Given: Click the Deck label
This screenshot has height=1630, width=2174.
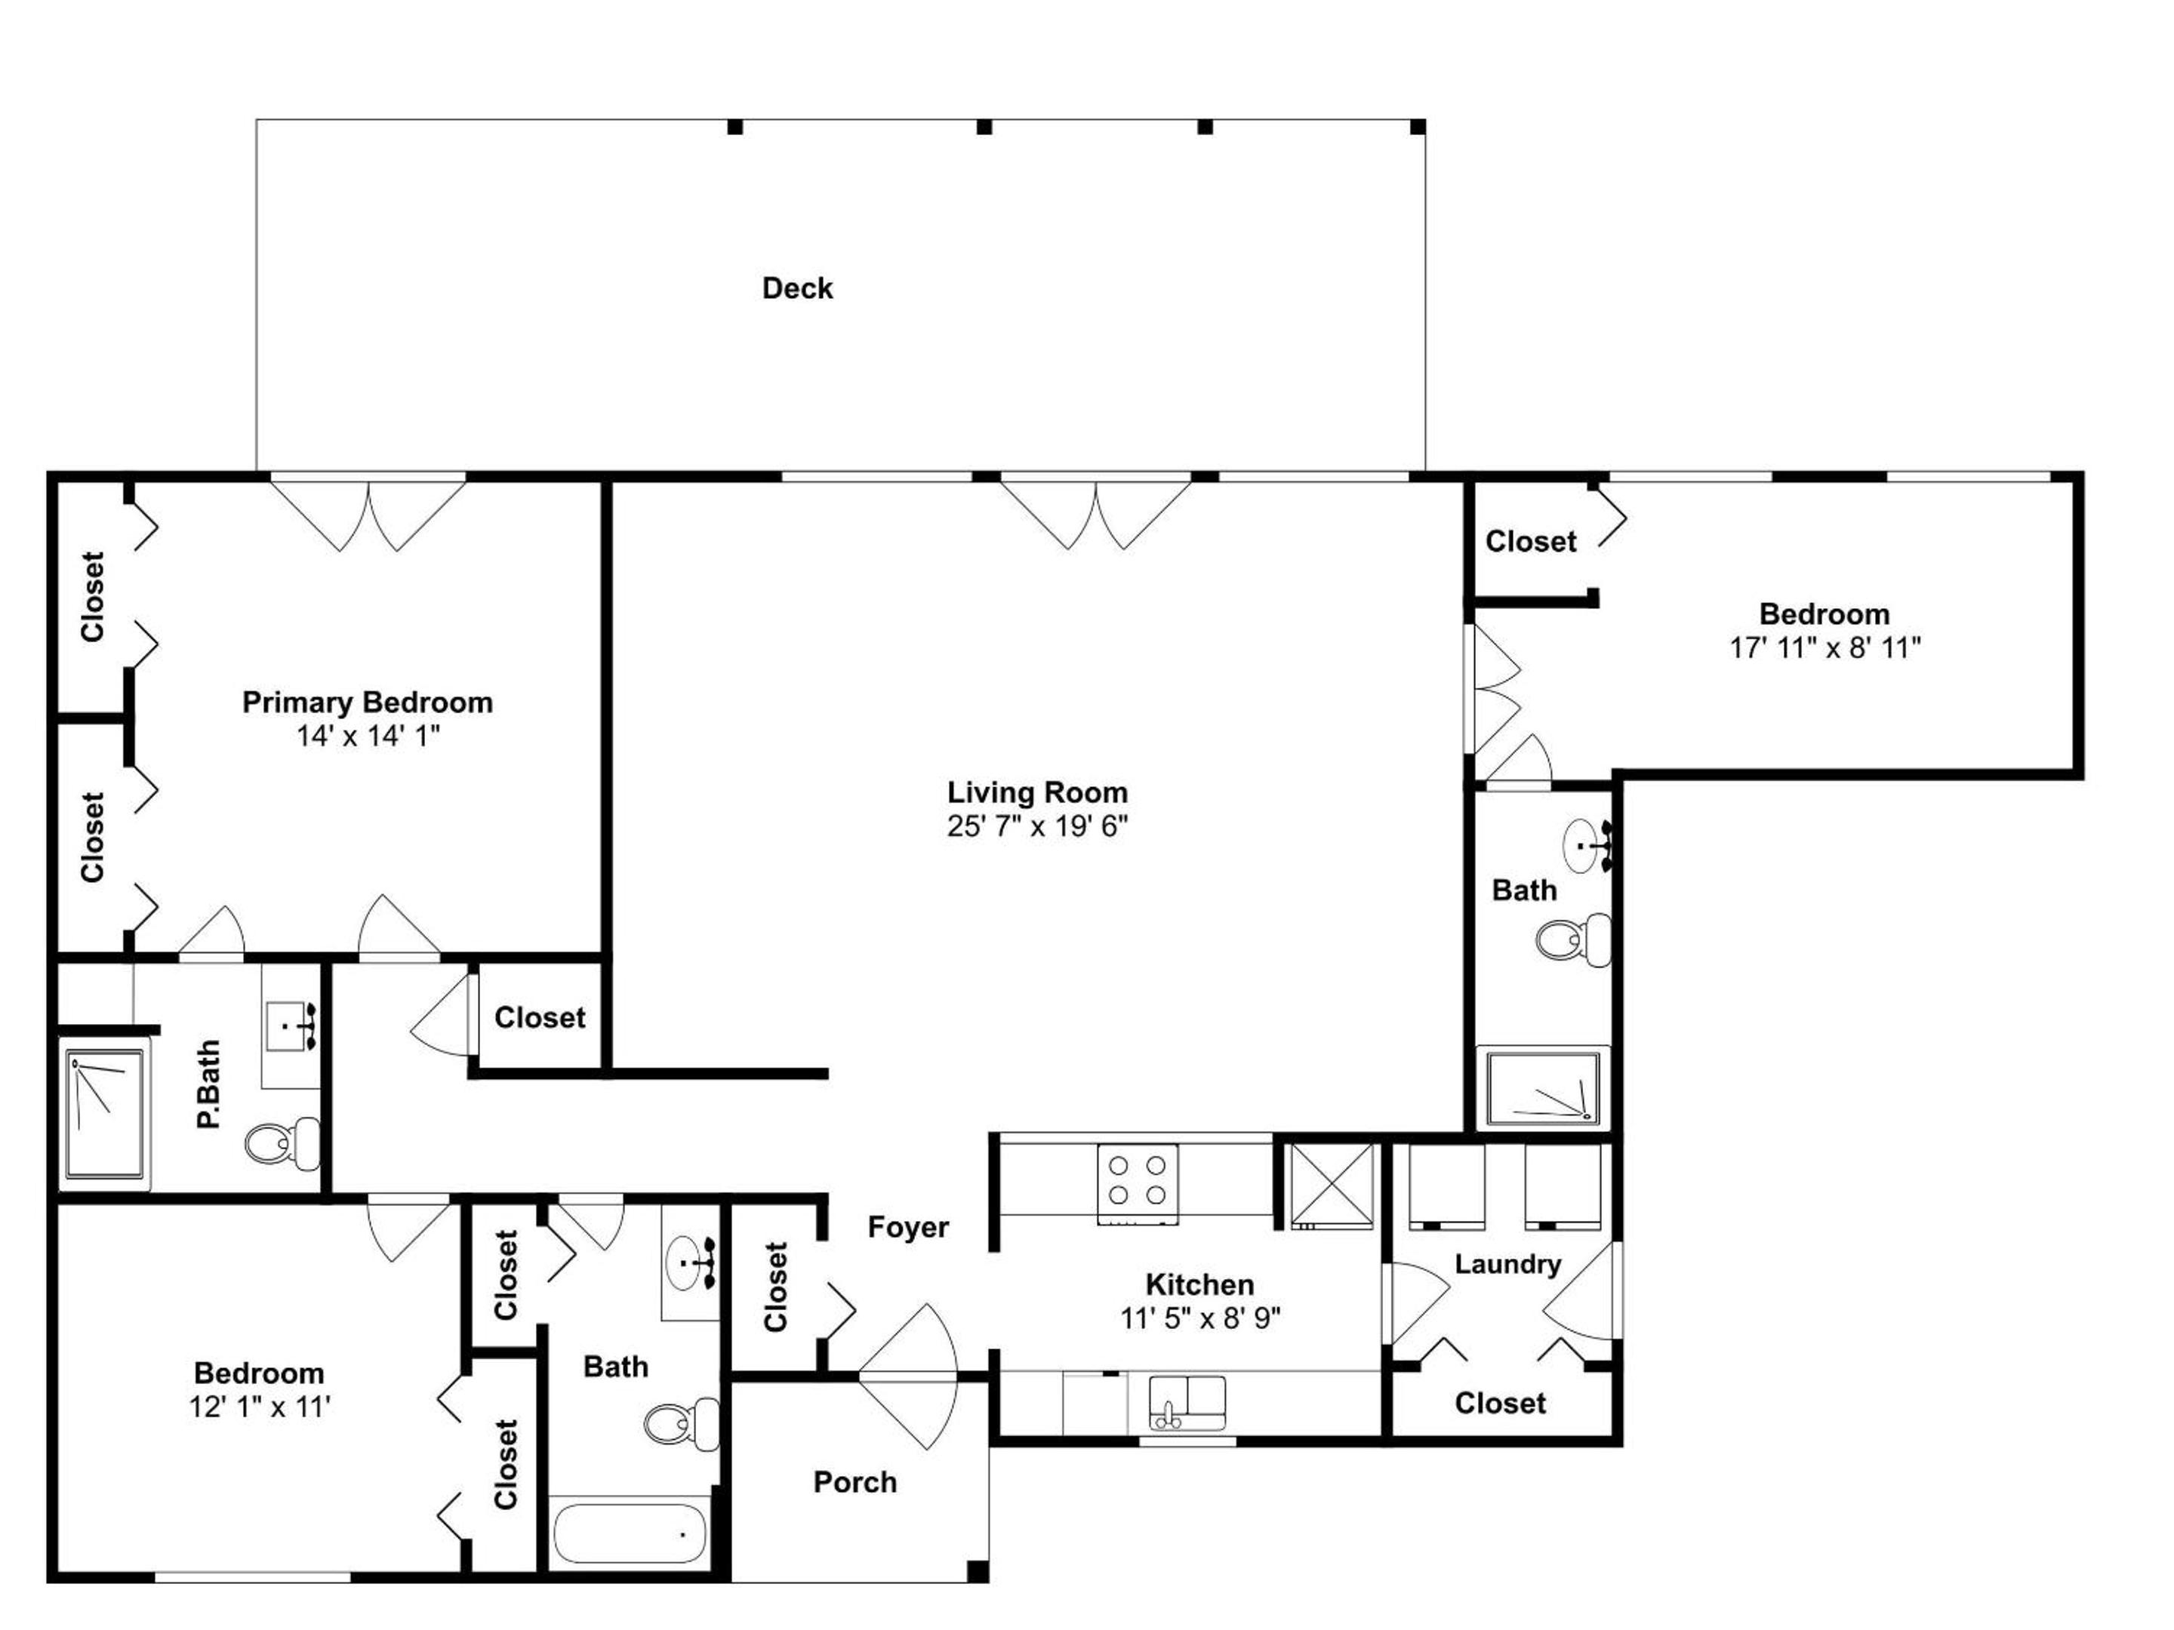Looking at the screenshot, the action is (797, 288).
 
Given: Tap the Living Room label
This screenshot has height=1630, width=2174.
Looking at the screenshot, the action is (1037, 792).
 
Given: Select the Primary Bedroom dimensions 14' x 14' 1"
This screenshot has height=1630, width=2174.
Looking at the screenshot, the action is (368, 736).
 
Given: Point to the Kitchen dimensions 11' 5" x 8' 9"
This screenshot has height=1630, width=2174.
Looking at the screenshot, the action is (1200, 1318).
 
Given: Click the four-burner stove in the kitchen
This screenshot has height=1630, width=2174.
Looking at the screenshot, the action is (1137, 1183).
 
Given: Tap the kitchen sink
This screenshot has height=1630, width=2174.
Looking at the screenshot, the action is (1187, 1403).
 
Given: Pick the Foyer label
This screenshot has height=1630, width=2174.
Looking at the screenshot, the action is (908, 1227).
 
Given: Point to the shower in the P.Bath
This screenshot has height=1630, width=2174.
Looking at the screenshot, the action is (105, 1113).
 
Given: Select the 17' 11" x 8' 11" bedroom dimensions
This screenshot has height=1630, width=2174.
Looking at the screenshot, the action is (1825, 647).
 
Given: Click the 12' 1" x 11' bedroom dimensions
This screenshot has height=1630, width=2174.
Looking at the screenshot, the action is (260, 1407).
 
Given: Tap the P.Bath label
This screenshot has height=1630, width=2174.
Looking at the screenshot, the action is (208, 1084).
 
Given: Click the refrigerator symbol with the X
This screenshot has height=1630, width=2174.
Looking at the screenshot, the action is (1332, 1186).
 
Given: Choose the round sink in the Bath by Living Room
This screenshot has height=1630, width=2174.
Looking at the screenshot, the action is (1584, 844).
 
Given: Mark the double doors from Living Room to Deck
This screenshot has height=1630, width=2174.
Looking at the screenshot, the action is (1096, 513).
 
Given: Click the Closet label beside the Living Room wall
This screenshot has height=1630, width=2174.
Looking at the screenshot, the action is (540, 1017).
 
